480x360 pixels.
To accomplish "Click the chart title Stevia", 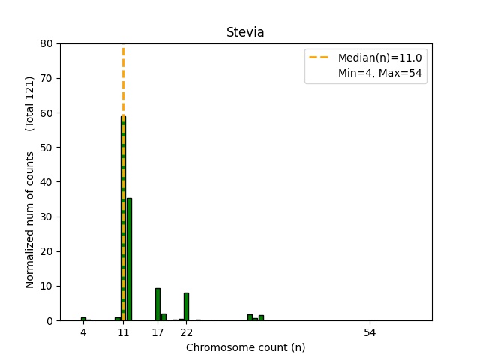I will click(245, 33).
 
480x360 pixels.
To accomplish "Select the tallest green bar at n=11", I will click(123, 217).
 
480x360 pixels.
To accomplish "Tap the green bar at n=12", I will click(129, 259).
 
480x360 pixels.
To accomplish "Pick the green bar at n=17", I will click(157, 304).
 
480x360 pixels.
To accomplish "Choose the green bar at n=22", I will click(186, 306).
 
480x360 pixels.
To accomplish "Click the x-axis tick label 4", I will click(83, 332).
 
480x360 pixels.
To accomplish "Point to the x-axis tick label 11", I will click(123, 332).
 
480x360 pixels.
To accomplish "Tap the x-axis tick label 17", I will click(157, 332).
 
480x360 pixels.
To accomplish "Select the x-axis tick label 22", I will click(186, 332).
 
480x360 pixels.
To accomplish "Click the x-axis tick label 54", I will click(369, 332).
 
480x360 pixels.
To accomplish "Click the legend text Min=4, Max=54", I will click(382, 74).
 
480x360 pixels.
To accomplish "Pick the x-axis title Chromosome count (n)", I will click(245, 347).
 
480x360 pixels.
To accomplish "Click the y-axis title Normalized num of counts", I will click(30, 219).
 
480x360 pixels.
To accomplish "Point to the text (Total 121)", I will click(30, 103).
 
